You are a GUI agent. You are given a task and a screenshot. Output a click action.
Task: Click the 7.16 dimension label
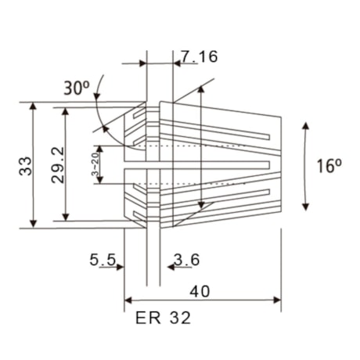pos(199,56)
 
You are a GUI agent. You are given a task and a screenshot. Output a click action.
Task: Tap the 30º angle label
pos(77,88)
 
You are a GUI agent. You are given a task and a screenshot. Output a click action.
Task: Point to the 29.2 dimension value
pos(56,166)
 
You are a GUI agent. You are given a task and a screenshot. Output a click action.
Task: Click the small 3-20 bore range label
pos(95,166)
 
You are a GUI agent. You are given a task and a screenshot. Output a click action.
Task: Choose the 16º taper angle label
pos(329,166)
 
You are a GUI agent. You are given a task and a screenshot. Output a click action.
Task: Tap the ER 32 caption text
pos(163,319)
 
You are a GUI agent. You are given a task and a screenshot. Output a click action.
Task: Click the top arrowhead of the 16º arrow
pos(305,124)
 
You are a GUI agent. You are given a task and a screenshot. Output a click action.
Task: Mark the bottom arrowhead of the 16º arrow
pos(305,207)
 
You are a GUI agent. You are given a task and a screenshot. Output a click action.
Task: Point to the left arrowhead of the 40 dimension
pos(129,300)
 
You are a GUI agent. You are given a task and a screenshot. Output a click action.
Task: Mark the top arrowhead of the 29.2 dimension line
pos(66,111)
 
